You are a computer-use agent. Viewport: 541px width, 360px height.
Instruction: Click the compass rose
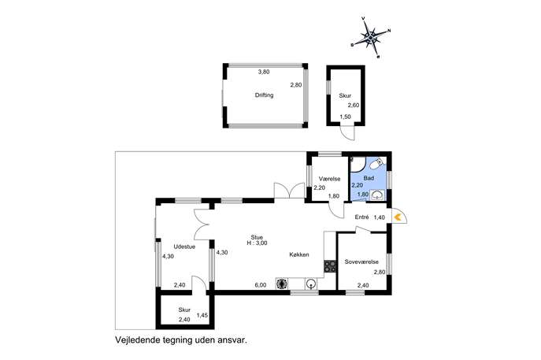pyautogui.click(x=370, y=37)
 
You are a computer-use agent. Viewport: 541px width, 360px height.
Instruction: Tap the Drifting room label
pyautogui.click(x=264, y=95)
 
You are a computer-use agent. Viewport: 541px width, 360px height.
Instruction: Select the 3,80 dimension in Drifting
pyautogui.click(x=264, y=72)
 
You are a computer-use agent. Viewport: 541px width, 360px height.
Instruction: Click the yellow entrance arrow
pyautogui.click(x=398, y=217)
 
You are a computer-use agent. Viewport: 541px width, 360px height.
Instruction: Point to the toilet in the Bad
pyautogui.click(x=376, y=164)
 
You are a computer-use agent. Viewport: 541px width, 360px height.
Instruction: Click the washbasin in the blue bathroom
pyautogui.click(x=377, y=195)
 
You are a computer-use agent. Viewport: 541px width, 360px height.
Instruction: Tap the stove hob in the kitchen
pyautogui.click(x=330, y=266)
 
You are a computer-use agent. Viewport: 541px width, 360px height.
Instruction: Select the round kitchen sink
pyautogui.click(x=311, y=284)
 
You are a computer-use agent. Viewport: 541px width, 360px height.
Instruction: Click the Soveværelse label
pyautogui.click(x=361, y=262)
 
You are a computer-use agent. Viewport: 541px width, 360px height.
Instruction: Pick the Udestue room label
pyautogui.click(x=184, y=247)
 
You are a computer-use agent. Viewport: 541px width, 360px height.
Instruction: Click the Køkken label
pyautogui.click(x=298, y=254)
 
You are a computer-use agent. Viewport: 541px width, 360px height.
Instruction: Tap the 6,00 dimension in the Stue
pyautogui.click(x=261, y=285)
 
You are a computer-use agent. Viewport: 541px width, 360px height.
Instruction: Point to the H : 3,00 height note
pyautogui.click(x=257, y=243)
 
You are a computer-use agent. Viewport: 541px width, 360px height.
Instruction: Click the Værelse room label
pyautogui.click(x=329, y=179)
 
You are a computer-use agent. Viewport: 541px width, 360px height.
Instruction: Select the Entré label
pyautogui.click(x=362, y=217)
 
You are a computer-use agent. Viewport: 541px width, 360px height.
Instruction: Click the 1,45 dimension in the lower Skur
pyautogui.click(x=202, y=315)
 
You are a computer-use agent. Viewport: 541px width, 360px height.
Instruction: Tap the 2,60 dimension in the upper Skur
pyautogui.click(x=354, y=106)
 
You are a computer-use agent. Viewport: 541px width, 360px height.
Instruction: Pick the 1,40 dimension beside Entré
pyautogui.click(x=380, y=217)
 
